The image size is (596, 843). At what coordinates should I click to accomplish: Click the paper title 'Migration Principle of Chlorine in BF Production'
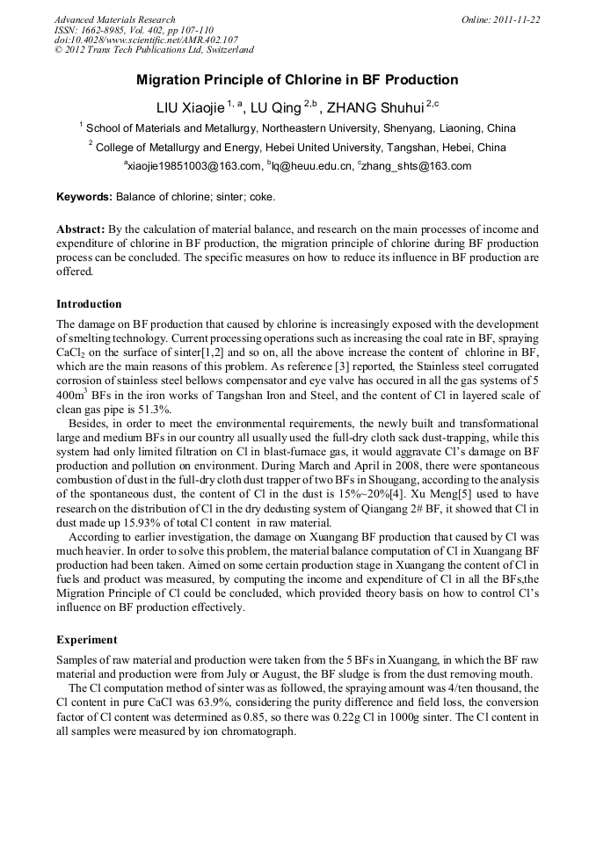297,80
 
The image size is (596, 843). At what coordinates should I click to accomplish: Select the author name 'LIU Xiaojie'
190,108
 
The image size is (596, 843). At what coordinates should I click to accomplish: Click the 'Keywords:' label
84,198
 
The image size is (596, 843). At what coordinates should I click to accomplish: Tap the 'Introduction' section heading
89,304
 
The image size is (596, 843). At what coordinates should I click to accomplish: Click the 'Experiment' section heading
86,640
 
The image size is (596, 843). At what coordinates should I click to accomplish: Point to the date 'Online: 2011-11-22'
500,19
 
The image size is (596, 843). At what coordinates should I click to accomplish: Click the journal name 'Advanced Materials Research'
114,19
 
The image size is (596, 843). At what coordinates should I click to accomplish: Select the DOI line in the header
146,40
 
